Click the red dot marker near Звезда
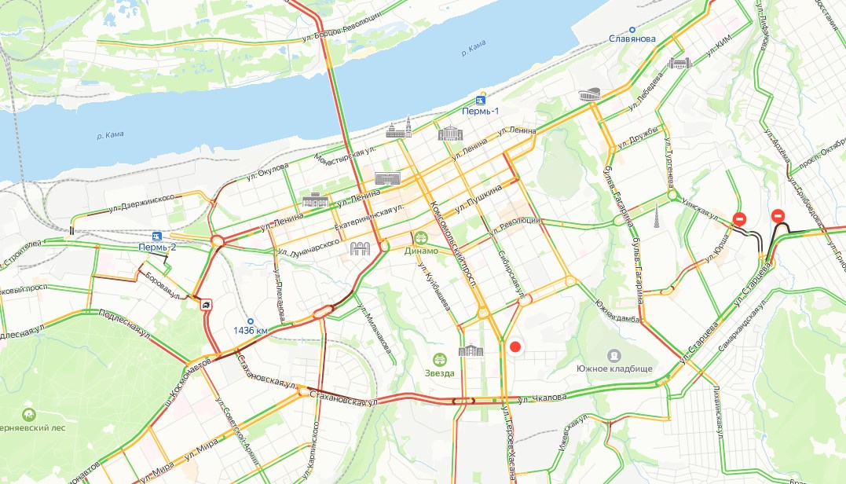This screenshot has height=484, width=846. click(x=515, y=346)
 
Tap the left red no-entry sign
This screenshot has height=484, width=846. click(x=739, y=219)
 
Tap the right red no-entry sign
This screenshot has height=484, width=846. click(x=778, y=214)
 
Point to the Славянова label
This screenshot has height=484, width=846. click(x=632, y=39)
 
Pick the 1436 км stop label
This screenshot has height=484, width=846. click(x=251, y=331)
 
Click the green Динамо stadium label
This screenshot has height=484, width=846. click(x=421, y=251)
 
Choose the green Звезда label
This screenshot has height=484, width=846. click(x=439, y=372)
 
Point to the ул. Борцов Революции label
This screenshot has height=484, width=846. click(x=342, y=27)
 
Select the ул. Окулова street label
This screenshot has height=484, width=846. click(x=267, y=170)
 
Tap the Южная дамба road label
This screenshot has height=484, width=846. click(x=614, y=299)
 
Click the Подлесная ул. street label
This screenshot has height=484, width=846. click(x=125, y=324)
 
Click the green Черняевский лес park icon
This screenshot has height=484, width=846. click(x=29, y=414)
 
